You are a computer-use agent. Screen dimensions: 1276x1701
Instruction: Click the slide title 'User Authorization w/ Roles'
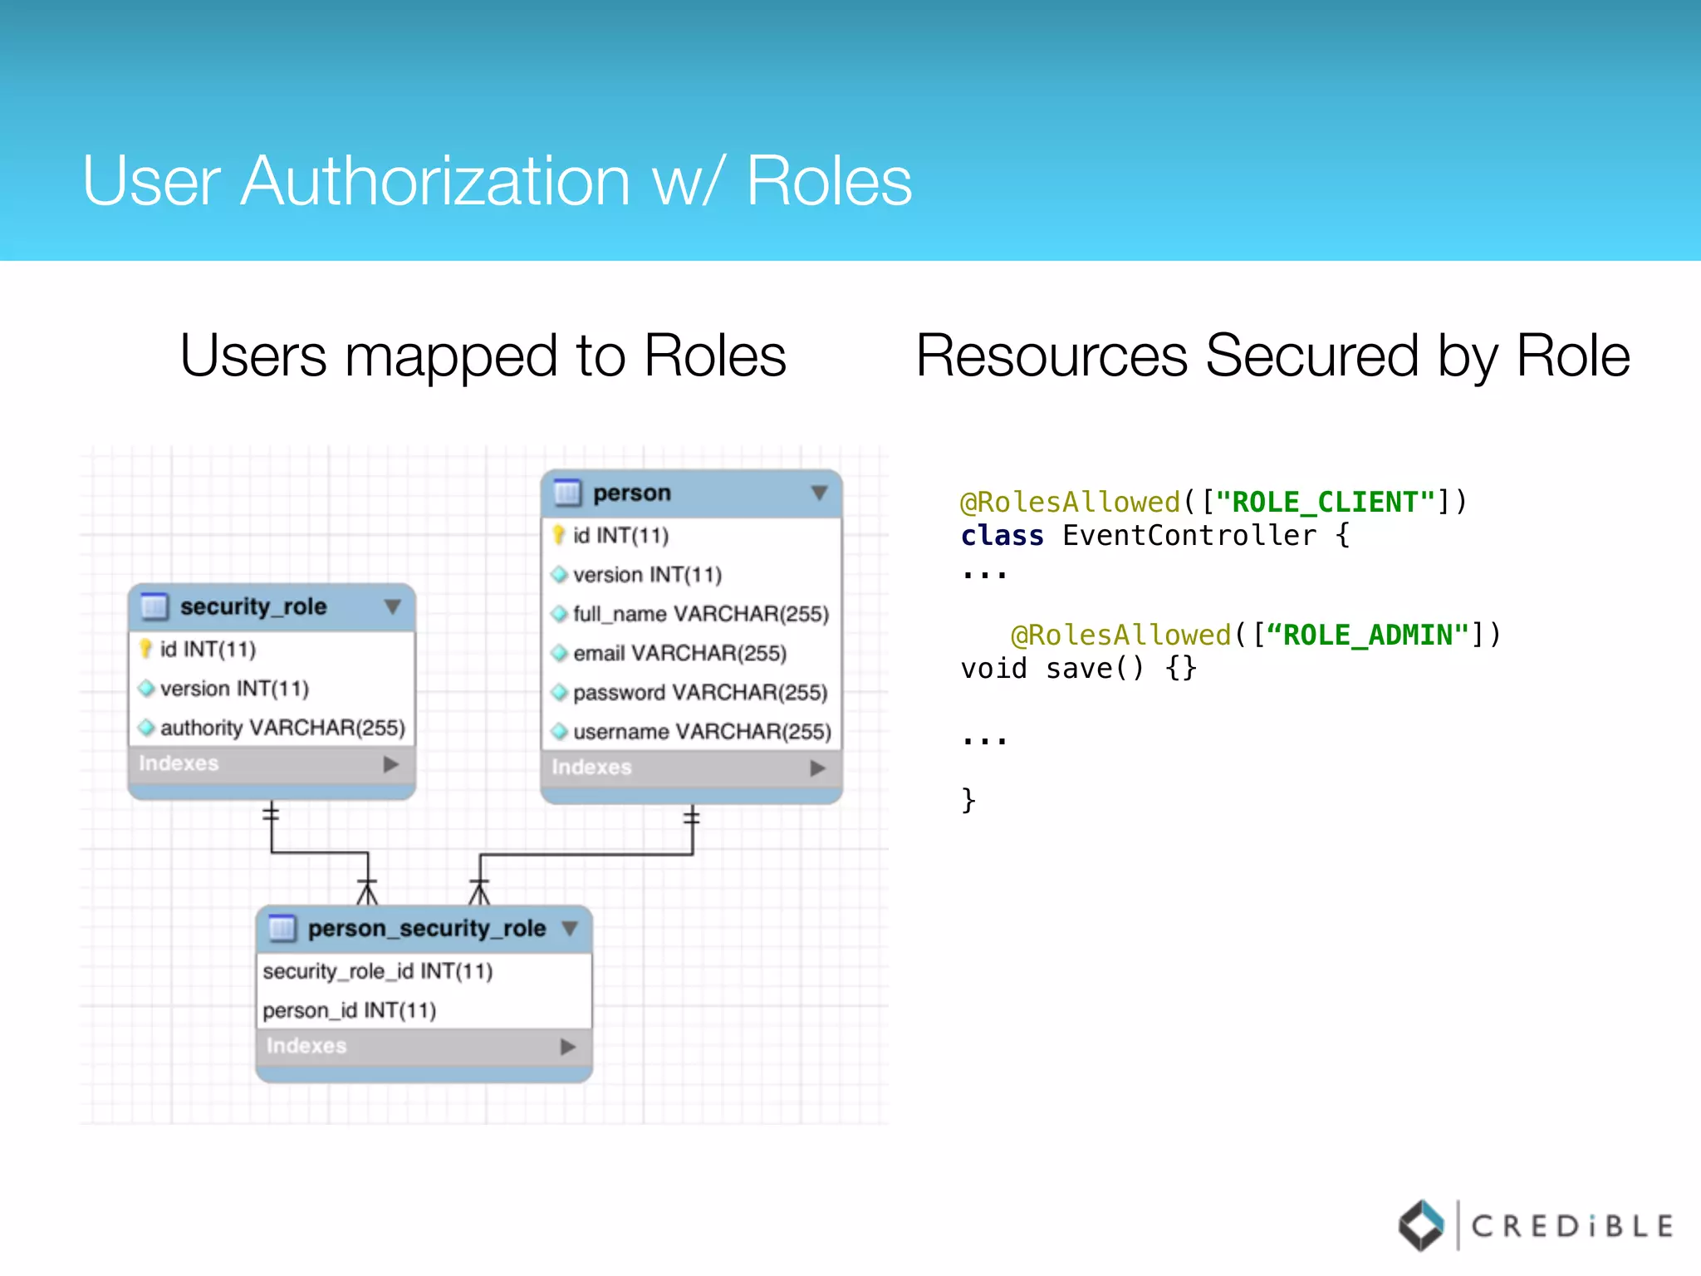pyautogui.click(x=497, y=181)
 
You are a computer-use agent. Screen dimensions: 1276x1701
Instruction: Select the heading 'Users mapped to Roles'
pyautogui.click(x=483, y=356)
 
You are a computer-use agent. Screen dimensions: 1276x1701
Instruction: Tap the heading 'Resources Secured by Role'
pyautogui.click(x=1272, y=356)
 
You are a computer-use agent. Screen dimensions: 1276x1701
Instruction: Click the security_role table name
pyautogui.click(x=253, y=606)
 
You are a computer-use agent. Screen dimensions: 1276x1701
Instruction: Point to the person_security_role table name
pyautogui.click(x=427, y=928)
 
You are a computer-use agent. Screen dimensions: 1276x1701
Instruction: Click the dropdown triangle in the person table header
pyautogui.click(x=819, y=493)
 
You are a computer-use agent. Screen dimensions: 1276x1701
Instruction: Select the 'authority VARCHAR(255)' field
pyautogui.click(x=282, y=728)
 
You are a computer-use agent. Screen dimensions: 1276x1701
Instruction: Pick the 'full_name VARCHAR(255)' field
pyautogui.click(x=701, y=614)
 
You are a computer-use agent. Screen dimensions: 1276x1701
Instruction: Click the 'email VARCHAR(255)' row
pyautogui.click(x=679, y=653)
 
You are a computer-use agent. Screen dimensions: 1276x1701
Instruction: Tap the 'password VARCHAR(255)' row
pyautogui.click(x=700, y=692)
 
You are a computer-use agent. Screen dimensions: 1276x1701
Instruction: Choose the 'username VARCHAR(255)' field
pyautogui.click(x=702, y=731)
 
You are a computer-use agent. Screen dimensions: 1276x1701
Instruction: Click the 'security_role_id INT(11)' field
pyautogui.click(x=378, y=971)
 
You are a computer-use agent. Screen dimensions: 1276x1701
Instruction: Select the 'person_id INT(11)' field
pyautogui.click(x=350, y=1010)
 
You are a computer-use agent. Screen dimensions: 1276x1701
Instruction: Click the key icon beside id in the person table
pyautogui.click(x=559, y=535)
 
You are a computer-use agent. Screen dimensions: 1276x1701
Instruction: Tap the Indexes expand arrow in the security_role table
pyautogui.click(x=391, y=764)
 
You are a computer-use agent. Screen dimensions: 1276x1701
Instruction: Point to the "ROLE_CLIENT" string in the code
pyautogui.click(x=1325, y=502)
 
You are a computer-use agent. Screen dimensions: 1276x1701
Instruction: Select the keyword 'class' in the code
pyautogui.click(x=1002, y=536)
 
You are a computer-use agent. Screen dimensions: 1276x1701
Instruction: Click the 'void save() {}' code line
pyautogui.click(x=1078, y=669)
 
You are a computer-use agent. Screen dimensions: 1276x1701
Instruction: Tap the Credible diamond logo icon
pyautogui.click(x=1422, y=1224)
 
